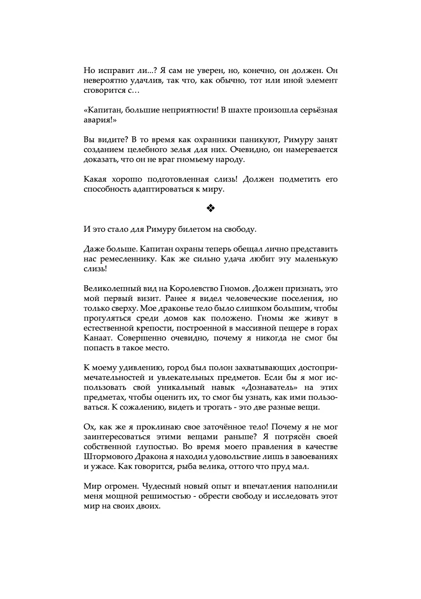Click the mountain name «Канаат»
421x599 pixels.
click(x=96, y=338)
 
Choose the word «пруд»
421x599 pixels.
click(x=287, y=467)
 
